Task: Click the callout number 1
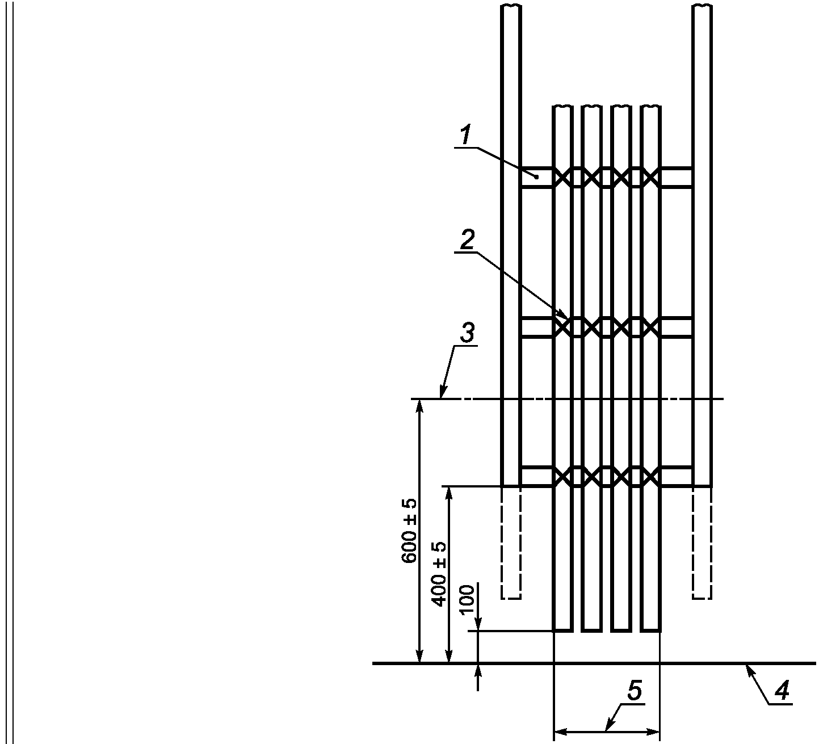point(466,136)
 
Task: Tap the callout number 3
point(468,333)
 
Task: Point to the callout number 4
point(782,690)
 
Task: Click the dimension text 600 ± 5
point(410,531)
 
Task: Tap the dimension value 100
point(467,600)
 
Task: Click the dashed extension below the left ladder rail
point(511,543)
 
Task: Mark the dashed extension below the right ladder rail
point(702,543)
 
